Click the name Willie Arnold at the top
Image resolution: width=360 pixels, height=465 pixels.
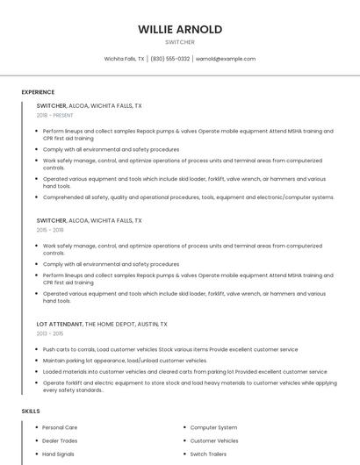[180, 29]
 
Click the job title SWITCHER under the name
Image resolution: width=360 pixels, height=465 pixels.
[180, 41]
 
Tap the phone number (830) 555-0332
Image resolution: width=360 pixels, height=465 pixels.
[170, 59]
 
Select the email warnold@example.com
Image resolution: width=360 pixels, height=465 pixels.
[226, 59]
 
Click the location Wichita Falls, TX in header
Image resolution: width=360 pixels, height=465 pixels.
[125, 59]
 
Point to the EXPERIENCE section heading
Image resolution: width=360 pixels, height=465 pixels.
[38, 92]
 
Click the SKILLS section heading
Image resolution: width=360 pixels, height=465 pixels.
[31, 411]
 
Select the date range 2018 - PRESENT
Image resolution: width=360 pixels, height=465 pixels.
[55, 115]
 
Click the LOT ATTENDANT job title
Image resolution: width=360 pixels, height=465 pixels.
[60, 324]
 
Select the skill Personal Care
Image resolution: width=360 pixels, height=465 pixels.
[60, 427]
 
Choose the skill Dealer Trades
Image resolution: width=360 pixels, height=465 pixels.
[60, 440]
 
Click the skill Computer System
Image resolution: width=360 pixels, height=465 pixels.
[213, 427]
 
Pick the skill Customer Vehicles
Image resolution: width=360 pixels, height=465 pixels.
[214, 440]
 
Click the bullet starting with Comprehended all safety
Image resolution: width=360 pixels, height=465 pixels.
[188, 197]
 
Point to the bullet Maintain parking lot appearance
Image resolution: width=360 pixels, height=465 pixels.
[125, 361]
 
